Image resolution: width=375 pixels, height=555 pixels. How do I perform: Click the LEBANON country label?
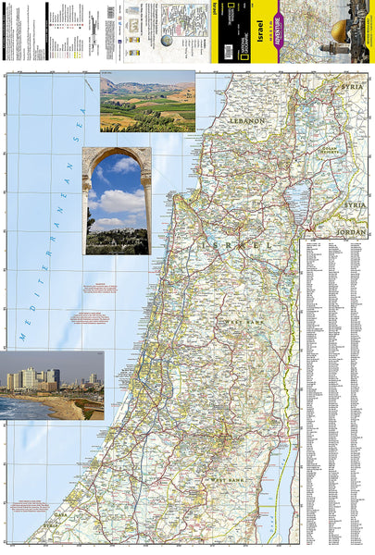[248, 120]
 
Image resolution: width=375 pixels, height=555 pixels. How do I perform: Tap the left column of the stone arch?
[88, 208]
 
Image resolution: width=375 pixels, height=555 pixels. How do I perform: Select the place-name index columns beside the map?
[336, 388]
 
